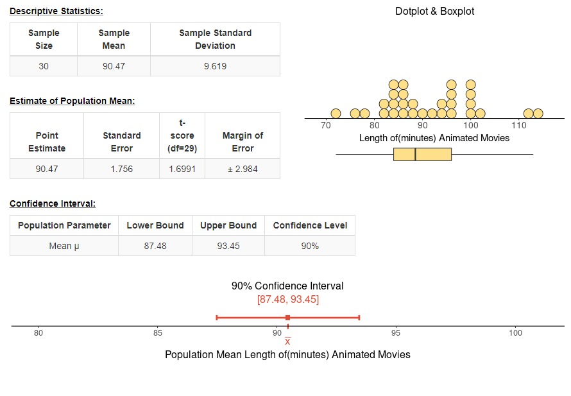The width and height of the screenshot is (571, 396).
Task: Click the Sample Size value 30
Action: [44, 66]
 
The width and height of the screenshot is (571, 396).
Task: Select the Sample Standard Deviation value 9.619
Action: [215, 66]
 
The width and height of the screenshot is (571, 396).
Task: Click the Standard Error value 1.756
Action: [122, 169]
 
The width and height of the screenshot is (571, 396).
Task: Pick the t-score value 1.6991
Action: [182, 169]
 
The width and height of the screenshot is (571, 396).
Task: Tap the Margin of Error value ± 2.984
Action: [243, 169]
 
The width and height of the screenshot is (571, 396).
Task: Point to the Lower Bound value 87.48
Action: [155, 246]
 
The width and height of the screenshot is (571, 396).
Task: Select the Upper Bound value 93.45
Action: [228, 246]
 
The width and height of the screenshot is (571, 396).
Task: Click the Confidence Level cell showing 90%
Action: [310, 246]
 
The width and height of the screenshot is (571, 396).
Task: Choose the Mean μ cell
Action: [64, 246]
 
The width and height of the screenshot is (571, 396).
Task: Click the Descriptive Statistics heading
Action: [56, 11]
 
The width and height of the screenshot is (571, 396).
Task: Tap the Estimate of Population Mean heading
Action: [72, 101]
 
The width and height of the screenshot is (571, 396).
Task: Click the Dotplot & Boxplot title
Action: [435, 12]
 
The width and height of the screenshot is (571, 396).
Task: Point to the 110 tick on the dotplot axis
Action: [519, 125]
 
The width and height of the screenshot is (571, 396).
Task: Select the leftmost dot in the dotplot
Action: [336, 114]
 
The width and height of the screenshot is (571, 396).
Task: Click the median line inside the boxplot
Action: [415, 154]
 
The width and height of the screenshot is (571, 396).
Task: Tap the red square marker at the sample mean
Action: [287, 318]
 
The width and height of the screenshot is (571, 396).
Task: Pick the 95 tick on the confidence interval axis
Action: [396, 332]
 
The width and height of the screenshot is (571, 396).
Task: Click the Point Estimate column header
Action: [47, 142]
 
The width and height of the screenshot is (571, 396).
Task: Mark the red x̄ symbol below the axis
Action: [287, 341]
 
